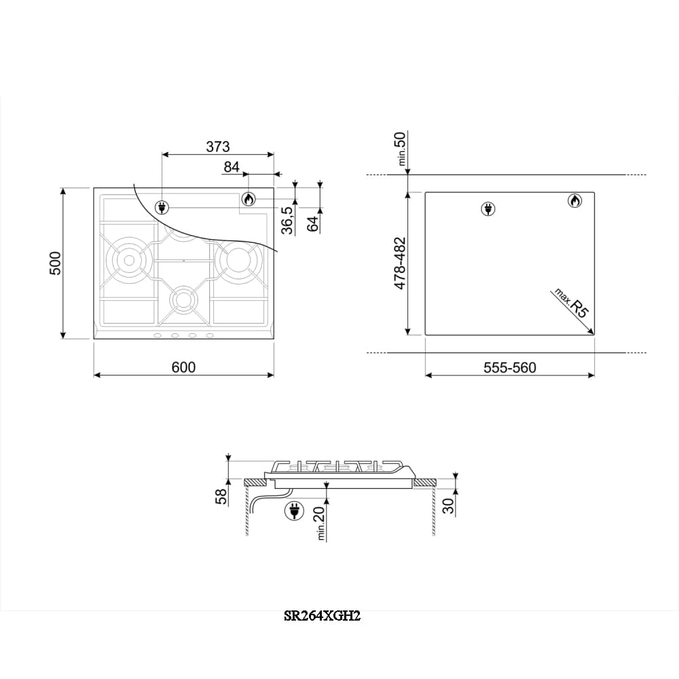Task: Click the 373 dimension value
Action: tap(218, 147)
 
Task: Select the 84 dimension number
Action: tap(232, 167)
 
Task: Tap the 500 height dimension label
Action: tap(56, 263)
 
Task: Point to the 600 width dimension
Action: tap(183, 367)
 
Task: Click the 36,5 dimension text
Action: tap(287, 220)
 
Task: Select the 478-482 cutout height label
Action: tap(400, 263)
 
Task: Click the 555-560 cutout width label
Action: tap(510, 367)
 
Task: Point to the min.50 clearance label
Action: tap(401, 149)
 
